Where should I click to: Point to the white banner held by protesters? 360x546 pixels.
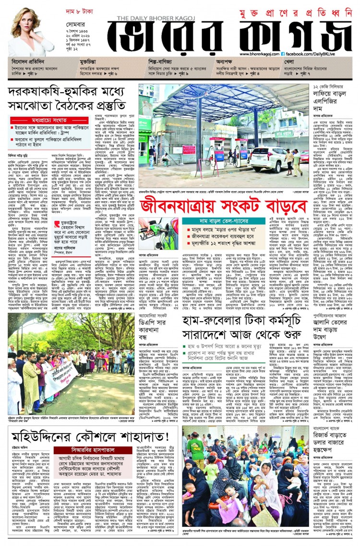60,384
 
